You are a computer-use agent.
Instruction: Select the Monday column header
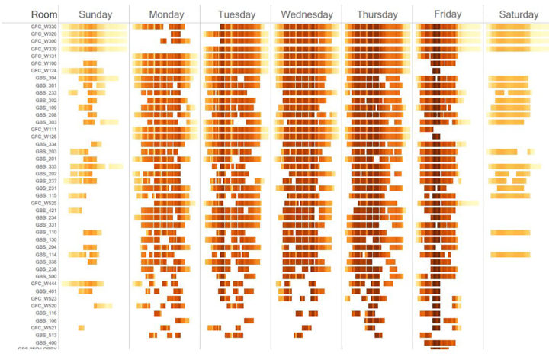coord(165,14)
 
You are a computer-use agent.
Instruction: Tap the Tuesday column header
coord(236,14)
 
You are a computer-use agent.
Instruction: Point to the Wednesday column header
coord(307,14)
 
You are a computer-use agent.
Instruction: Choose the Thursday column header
coord(377,14)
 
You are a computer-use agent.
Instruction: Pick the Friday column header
coord(447,14)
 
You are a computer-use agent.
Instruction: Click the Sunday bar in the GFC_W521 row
coord(82,328)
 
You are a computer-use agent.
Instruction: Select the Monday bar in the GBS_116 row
coord(158,313)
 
